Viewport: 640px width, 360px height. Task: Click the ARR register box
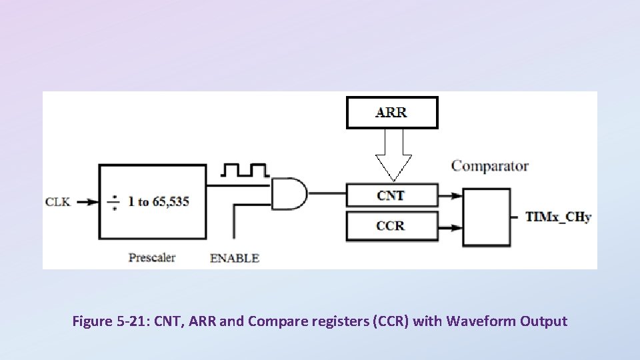point(392,112)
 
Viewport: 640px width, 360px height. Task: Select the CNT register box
point(392,195)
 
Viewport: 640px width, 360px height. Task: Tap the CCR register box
point(392,226)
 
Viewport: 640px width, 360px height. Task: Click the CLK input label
point(57,201)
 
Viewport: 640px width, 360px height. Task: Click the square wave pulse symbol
point(246,170)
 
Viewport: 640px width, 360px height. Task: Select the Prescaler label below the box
point(152,257)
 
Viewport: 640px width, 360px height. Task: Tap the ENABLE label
point(235,258)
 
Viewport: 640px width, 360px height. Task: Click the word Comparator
point(490,166)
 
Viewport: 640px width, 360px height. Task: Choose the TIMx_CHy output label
point(559,217)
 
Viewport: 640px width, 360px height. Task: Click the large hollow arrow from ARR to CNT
point(393,155)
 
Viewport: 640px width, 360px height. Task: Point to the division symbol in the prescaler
point(114,201)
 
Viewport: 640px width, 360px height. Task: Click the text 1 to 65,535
point(159,201)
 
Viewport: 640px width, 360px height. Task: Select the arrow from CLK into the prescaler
point(87,201)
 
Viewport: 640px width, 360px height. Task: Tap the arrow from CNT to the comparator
point(451,195)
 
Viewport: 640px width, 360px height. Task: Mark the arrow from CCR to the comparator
point(451,227)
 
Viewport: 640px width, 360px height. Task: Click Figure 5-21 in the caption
point(111,321)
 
